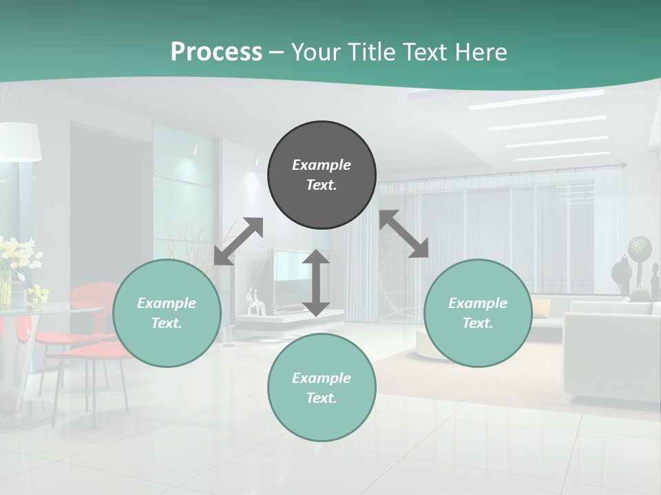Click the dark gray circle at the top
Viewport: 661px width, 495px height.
pos(322,175)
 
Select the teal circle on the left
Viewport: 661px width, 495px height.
pos(167,313)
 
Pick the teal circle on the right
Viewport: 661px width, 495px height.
pos(478,313)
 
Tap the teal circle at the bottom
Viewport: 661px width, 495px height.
pos(322,388)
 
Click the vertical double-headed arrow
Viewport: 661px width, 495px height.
pos(316,283)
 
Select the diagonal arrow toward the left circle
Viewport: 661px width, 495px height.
pos(238,241)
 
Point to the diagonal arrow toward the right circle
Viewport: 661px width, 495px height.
pos(404,234)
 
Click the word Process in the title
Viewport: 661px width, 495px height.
pos(216,52)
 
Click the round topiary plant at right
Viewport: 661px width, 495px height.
pos(640,246)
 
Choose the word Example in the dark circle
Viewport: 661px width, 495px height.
pos(322,165)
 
